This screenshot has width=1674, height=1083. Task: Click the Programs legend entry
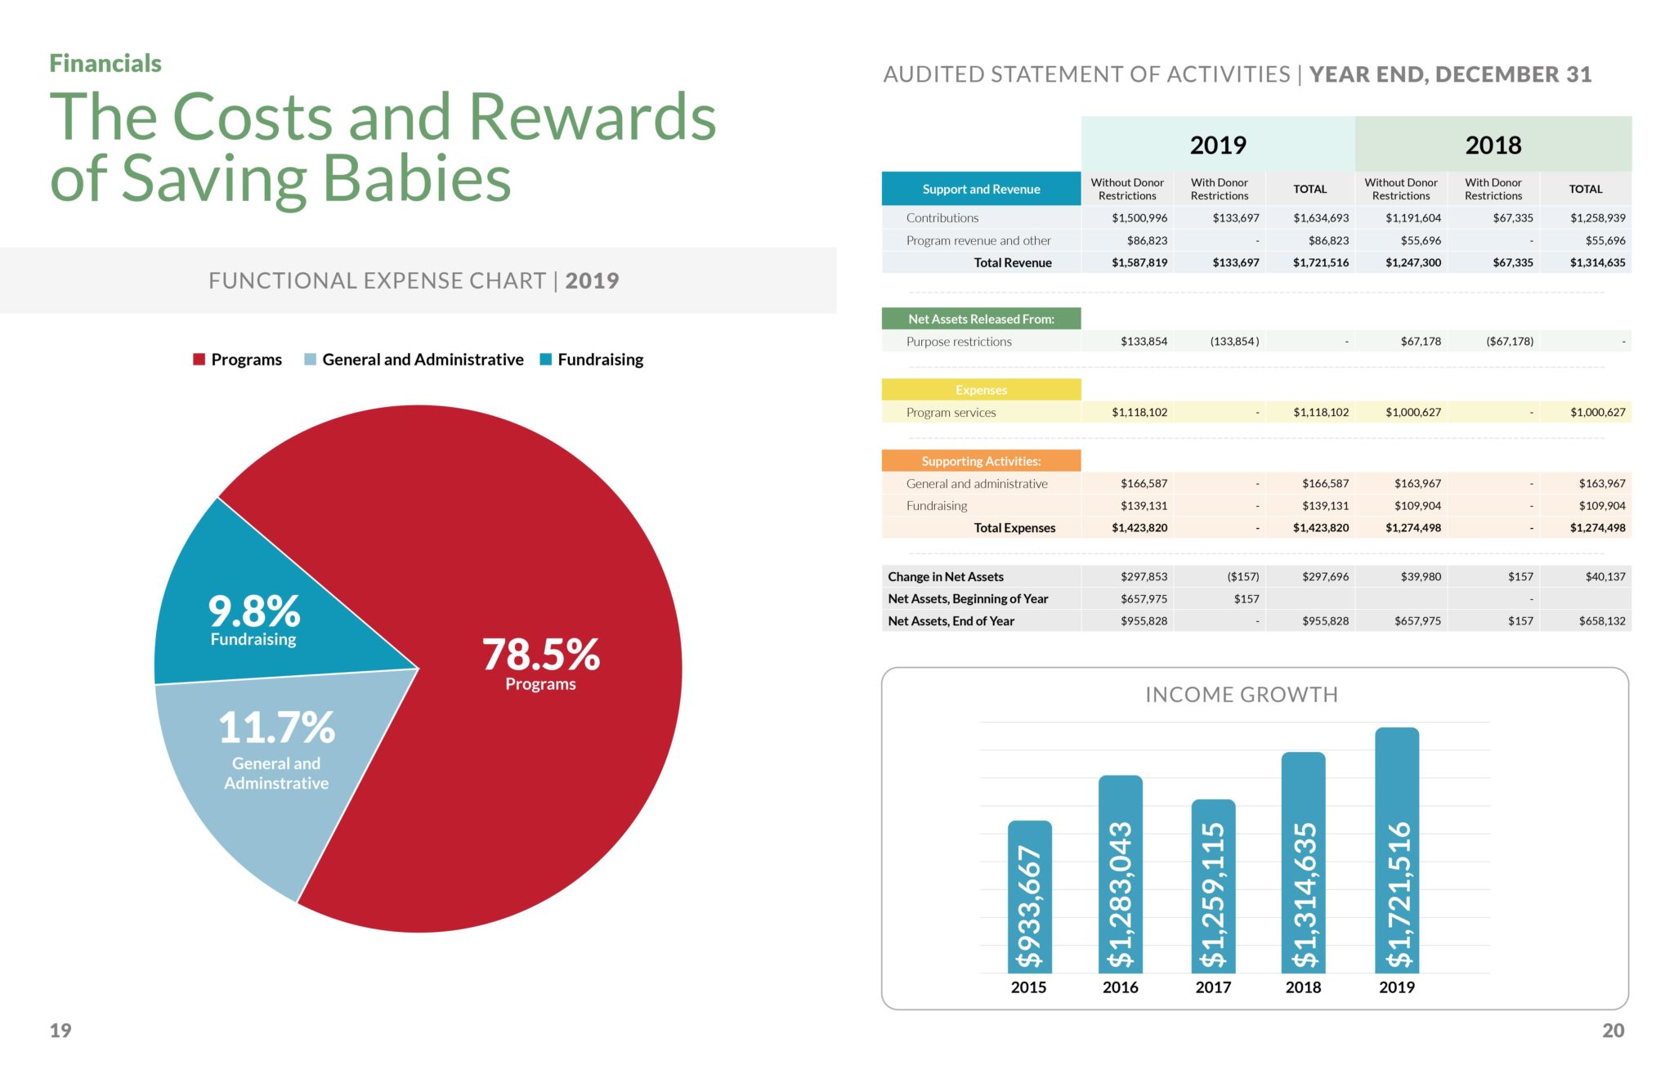click(238, 360)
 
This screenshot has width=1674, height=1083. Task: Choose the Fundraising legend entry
click(592, 360)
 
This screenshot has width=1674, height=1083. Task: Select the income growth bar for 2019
click(1397, 850)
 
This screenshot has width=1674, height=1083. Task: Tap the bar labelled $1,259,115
click(1213, 886)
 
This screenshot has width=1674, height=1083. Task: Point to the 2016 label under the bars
click(1120, 987)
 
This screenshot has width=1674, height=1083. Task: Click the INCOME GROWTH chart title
click(1241, 695)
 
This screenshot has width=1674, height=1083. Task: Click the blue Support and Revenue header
click(981, 189)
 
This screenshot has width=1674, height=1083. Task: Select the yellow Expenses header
click(981, 390)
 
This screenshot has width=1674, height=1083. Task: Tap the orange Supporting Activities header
click(981, 461)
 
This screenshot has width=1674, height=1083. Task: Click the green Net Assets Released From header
click(981, 319)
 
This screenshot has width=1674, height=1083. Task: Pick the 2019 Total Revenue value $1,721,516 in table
click(1321, 262)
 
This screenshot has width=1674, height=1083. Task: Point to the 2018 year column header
click(1493, 145)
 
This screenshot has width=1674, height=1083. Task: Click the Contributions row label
click(942, 218)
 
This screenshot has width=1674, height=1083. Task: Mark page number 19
click(60, 1031)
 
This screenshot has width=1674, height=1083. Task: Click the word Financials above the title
click(105, 63)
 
